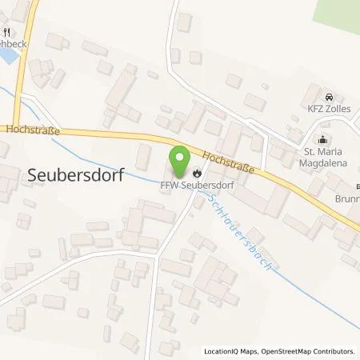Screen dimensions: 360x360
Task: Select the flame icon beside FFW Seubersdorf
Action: click(x=197, y=170)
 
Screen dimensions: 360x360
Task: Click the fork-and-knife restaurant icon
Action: click(x=7, y=33)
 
